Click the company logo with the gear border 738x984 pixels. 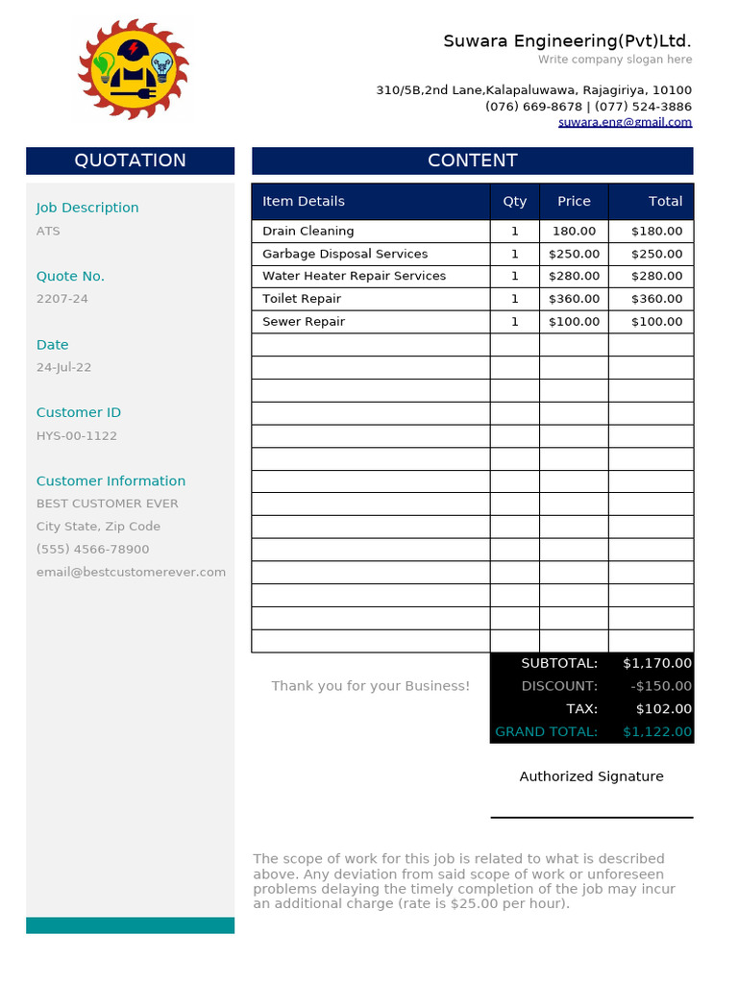pyautogui.click(x=133, y=68)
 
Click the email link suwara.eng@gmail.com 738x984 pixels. pyautogui.click(x=625, y=122)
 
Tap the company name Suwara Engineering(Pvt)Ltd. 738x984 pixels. pyautogui.click(x=567, y=41)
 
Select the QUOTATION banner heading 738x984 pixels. pyautogui.click(x=130, y=160)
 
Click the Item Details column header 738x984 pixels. pyautogui.click(x=304, y=201)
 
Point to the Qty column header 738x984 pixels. pyautogui.click(x=515, y=201)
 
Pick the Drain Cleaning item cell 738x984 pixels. pyautogui.click(x=308, y=231)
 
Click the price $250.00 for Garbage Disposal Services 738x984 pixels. pyautogui.click(x=574, y=254)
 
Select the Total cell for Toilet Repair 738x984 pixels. pyautogui.click(x=656, y=299)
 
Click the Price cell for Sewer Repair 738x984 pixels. pyautogui.click(x=574, y=322)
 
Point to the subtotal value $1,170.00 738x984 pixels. pyautogui.click(x=656, y=663)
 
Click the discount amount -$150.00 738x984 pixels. pyautogui.click(x=661, y=686)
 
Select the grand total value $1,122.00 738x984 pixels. pyautogui.click(x=656, y=732)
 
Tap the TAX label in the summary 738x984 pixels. pyautogui.click(x=581, y=709)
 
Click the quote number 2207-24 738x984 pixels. pyautogui.click(x=62, y=299)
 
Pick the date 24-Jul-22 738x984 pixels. pyautogui.click(x=64, y=367)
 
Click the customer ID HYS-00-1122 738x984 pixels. pyautogui.click(x=77, y=435)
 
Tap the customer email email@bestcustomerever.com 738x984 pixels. pyautogui.click(x=131, y=572)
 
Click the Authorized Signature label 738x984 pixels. pyautogui.click(x=591, y=776)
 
